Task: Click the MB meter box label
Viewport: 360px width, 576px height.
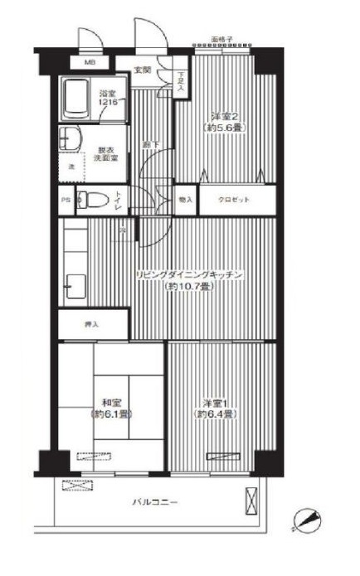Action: coord(87,62)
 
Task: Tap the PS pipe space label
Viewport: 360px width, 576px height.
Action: coord(65,199)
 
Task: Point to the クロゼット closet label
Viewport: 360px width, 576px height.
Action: coord(233,200)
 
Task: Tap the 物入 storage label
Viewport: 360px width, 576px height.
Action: coord(186,200)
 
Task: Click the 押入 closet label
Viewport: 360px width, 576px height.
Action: coord(91,324)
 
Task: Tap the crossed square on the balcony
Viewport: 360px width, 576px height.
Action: coord(251,501)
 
